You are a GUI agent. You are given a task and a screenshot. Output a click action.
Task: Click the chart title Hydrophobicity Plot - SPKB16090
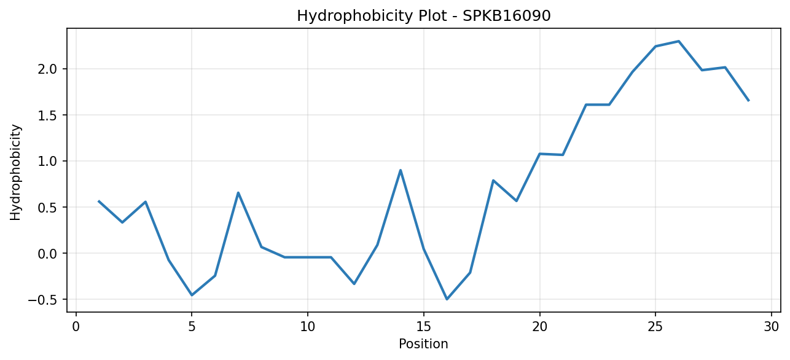point(424,16)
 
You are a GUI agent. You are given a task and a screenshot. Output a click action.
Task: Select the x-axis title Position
point(423,344)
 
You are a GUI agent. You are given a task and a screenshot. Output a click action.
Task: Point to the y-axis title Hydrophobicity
point(15,173)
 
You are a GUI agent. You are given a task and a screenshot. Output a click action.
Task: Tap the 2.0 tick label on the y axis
point(47,69)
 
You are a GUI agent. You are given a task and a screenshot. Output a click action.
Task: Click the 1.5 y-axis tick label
point(47,115)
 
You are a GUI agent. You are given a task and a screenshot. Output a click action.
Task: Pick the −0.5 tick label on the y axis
point(42,300)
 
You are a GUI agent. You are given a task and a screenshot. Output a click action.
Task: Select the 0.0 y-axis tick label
point(47,254)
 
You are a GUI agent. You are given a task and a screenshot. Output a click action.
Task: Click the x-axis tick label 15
point(424,327)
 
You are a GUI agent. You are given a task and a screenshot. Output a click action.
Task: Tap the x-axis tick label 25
point(655,327)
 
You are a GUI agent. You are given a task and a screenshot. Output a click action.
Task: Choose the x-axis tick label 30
point(772,327)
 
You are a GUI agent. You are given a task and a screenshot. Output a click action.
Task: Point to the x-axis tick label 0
point(76,327)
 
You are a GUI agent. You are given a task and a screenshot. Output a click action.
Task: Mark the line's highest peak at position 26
point(679,41)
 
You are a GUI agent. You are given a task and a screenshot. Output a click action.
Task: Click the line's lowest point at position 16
point(447,299)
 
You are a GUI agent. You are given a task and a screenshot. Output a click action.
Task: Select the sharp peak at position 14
point(401,170)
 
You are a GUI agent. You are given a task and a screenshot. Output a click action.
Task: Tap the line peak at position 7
point(238,192)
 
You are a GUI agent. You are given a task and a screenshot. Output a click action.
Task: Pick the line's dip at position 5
point(192,295)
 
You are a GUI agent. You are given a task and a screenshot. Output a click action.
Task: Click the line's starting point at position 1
point(99,201)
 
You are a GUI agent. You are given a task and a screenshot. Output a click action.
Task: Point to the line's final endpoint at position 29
point(748,101)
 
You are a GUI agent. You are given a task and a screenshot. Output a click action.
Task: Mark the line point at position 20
point(539,154)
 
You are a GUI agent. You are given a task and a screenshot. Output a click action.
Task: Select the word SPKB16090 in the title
point(506,16)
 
